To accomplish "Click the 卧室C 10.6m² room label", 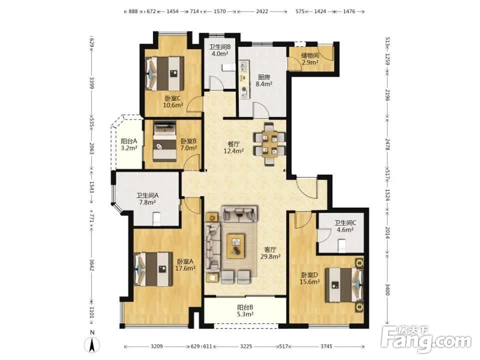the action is (173, 102).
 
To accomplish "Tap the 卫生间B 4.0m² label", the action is (220, 50).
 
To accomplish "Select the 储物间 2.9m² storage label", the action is (310, 59).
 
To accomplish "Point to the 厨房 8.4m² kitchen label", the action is (264, 80).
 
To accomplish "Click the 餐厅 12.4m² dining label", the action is (233, 147).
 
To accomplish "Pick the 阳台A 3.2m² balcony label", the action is (128, 144).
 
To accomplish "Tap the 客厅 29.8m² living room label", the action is (270, 253).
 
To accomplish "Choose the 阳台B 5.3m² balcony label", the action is (245, 310).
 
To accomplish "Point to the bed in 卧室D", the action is (344, 284).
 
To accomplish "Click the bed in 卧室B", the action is (164, 141).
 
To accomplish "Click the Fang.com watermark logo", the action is (427, 338).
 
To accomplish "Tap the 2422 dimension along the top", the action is (262, 11).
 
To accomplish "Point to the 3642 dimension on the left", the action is (91, 265).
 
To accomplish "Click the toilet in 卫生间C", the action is (342, 245).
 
